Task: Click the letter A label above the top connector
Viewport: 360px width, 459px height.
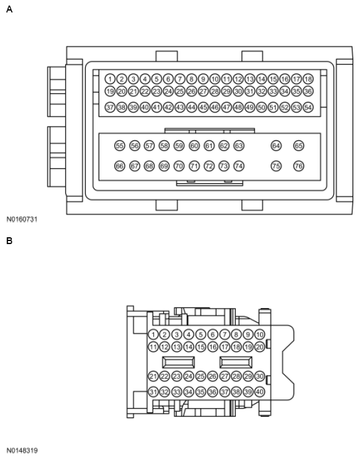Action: (9, 9)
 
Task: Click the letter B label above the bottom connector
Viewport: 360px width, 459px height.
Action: (9, 240)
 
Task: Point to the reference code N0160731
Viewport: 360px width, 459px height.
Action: (22, 219)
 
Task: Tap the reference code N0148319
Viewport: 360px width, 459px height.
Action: (22, 450)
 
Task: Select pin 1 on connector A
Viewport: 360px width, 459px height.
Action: (110, 79)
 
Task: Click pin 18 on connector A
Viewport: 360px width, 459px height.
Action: (308, 79)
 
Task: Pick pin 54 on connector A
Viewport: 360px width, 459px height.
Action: (308, 107)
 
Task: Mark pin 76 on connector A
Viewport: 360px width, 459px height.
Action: (299, 166)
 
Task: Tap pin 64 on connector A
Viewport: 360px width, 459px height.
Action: (276, 145)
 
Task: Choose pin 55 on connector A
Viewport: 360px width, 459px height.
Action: (119, 145)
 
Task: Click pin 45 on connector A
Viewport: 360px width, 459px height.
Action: (203, 107)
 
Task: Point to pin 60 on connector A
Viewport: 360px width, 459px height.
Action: (194, 145)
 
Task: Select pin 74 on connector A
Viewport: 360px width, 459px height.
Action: (238, 166)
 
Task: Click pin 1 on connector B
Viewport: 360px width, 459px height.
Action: (153, 334)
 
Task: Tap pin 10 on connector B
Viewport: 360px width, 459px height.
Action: (259, 334)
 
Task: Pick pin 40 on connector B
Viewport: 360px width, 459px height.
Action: (259, 392)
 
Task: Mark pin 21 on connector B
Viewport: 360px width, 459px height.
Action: (153, 376)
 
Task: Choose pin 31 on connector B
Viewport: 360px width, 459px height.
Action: (153, 392)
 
